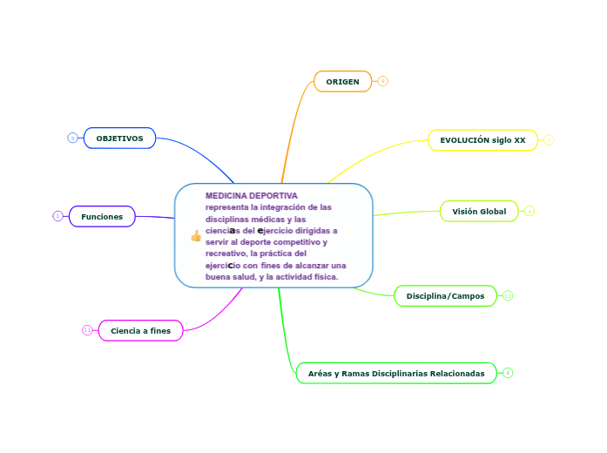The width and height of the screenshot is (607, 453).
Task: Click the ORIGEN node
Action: click(342, 81)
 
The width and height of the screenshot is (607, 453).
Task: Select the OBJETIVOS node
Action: click(119, 139)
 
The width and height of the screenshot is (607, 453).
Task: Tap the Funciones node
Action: click(102, 216)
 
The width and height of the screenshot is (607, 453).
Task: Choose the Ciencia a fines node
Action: click(140, 330)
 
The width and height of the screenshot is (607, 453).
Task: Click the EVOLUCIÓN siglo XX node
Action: click(482, 140)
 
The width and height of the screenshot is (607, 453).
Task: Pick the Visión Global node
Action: click(479, 211)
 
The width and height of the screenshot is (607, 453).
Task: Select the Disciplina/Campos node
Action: click(445, 296)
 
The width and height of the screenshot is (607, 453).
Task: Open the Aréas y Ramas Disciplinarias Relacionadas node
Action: click(396, 373)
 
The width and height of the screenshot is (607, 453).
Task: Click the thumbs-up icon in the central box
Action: click(195, 235)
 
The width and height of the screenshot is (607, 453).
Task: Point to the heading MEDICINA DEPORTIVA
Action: click(252, 196)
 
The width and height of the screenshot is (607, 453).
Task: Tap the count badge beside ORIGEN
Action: click(382, 81)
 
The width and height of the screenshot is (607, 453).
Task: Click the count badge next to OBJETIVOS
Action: click(73, 138)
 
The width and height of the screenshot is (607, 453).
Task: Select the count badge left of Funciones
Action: click(57, 216)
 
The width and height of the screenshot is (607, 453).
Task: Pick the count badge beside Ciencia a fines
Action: click(87, 330)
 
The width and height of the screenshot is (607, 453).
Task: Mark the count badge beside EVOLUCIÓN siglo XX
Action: click(550, 140)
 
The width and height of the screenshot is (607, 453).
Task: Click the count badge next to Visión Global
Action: click(529, 211)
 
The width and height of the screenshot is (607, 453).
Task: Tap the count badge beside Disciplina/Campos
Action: click(508, 296)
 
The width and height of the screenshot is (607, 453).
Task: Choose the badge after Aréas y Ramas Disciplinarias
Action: click(508, 373)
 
